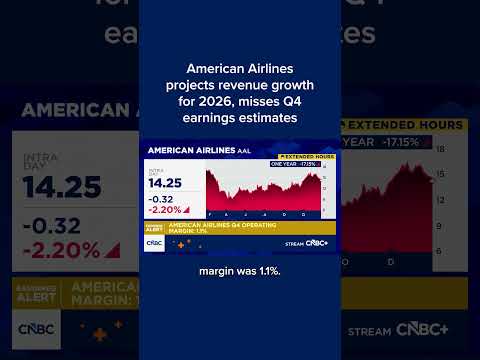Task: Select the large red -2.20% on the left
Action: pos(62,250)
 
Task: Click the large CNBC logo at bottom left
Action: pos(38,328)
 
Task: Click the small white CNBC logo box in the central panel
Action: pos(155,242)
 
